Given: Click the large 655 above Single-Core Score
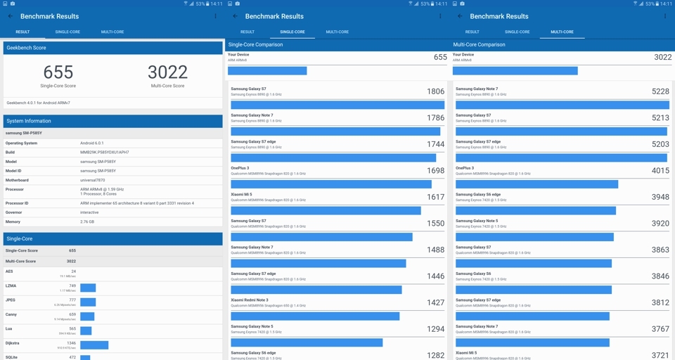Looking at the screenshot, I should point(58,72).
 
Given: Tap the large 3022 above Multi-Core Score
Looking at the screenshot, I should point(167,72).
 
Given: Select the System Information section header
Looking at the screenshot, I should point(29,121).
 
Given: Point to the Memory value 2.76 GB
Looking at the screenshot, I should point(87,221).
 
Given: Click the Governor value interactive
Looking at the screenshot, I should point(89,212).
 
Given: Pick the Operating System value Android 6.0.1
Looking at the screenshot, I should point(92,143).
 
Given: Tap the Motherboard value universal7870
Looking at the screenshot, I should point(93,180).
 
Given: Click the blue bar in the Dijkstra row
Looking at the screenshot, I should point(94,345).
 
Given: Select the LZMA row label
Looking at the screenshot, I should point(11,285).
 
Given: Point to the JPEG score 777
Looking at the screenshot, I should point(72,300).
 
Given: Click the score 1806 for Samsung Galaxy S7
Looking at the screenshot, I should point(435,91).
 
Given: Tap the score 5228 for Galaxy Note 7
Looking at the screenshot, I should point(660,91).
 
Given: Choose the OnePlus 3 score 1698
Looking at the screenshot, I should point(435,171).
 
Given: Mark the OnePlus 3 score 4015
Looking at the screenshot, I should point(660,171).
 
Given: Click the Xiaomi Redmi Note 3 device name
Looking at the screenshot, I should point(250,300).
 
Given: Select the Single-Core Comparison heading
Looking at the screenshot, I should point(255,44).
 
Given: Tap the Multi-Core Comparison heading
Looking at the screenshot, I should point(479,44).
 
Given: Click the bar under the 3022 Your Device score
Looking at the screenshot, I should point(515,71).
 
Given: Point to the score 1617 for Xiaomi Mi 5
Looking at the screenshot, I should point(435,197).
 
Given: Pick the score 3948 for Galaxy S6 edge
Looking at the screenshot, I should point(660,197).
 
